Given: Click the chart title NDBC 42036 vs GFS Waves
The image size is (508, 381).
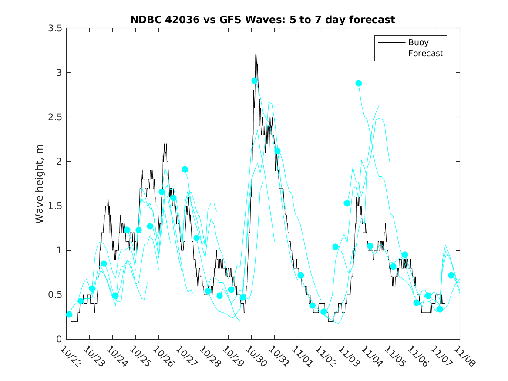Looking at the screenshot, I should pos(262,20).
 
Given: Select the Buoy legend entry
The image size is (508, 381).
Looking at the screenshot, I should pos(418,43).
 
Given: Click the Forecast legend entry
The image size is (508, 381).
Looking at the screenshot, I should pos(425,54).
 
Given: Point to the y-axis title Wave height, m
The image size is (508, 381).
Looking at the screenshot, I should pos(40,184).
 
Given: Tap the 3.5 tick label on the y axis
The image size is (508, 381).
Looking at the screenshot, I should pos(55,28).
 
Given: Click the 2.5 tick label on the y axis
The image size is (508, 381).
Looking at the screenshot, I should pos(55,117).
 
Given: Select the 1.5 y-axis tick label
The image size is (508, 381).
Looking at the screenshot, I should pos(55,206).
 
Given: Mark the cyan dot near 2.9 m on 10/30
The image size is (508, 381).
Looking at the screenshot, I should pos(255,81).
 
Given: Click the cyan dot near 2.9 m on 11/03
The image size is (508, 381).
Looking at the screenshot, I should pos(359,83).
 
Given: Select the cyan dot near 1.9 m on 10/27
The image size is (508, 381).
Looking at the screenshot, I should pos(185,169).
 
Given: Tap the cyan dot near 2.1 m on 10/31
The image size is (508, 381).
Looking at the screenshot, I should pos(277,151).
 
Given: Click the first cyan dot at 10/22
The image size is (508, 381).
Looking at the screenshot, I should pos(69,314).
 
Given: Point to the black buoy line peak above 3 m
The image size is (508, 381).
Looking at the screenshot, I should pos(256,55).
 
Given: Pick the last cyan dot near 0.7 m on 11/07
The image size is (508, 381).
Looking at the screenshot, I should pos(451,275).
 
